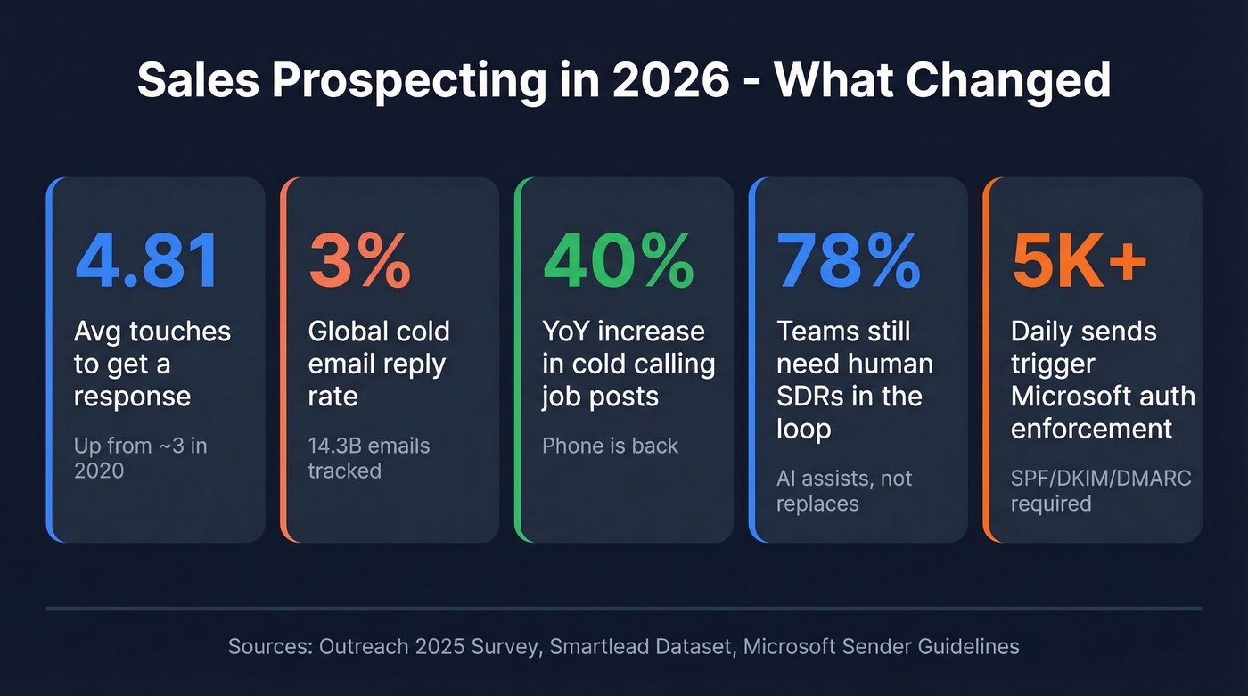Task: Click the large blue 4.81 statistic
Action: tap(147, 262)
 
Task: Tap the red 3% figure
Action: tap(359, 262)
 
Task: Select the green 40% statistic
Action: tap(618, 262)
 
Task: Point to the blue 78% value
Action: tap(848, 262)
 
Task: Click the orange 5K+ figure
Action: tap(1080, 262)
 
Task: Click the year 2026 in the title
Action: tap(682, 80)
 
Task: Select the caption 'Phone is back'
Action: tap(610, 446)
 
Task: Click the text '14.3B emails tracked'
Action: tap(369, 458)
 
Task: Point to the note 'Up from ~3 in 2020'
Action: tap(140, 458)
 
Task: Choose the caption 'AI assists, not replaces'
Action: tap(844, 491)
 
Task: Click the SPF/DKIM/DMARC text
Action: tap(1101, 479)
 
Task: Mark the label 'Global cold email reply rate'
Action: tap(379, 364)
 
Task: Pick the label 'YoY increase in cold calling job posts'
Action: tap(628, 364)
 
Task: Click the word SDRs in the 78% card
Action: tap(811, 397)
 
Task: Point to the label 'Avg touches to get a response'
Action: tap(152, 364)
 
